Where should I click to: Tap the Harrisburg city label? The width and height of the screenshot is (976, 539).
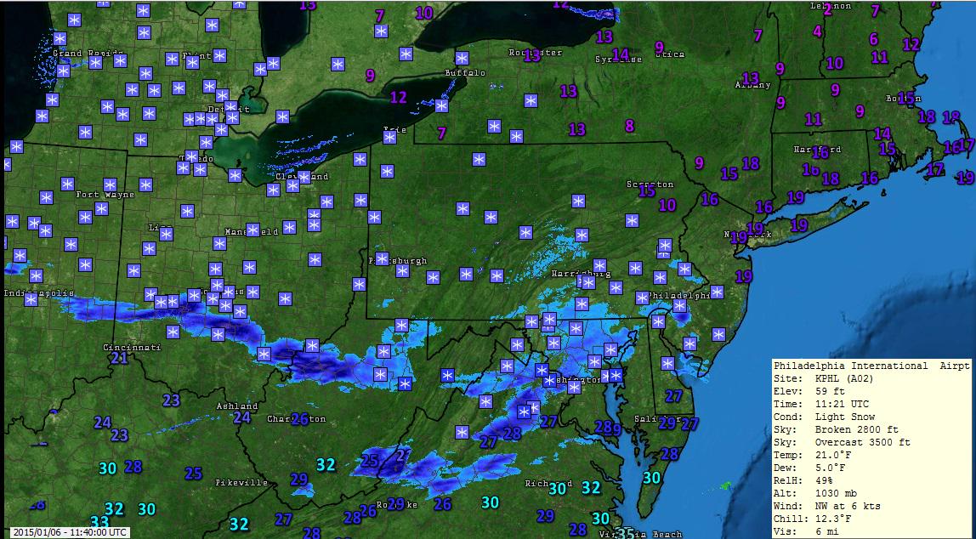click(x=582, y=274)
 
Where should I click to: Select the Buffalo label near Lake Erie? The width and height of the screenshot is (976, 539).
click(x=465, y=73)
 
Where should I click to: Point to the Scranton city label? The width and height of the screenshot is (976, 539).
click(x=650, y=184)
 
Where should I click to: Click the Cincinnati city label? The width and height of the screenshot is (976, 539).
click(x=131, y=348)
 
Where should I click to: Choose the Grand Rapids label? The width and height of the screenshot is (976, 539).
click(x=80, y=54)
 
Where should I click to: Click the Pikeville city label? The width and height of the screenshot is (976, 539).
click(x=242, y=483)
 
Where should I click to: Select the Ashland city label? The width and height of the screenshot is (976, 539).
click(x=237, y=406)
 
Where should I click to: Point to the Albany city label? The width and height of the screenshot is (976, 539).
click(x=753, y=85)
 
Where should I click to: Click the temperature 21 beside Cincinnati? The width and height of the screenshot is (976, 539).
click(x=119, y=358)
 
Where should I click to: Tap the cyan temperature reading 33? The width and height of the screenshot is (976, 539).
click(x=99, y=522)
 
